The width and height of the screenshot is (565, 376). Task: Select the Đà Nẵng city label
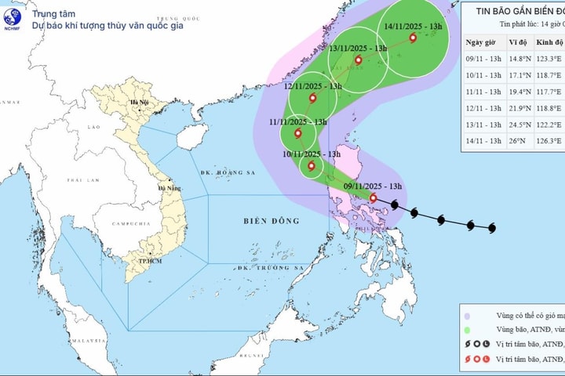pos(169,188)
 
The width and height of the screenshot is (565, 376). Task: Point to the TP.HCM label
pos(140,261)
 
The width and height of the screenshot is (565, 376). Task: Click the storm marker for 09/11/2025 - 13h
pos(373,198)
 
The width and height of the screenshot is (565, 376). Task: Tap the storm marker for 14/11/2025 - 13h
pos(413,37)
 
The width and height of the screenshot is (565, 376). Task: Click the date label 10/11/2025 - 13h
pos(312,154)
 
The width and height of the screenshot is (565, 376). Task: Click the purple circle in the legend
pos(468,315)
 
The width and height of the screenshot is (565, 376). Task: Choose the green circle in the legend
pos(468,329)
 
